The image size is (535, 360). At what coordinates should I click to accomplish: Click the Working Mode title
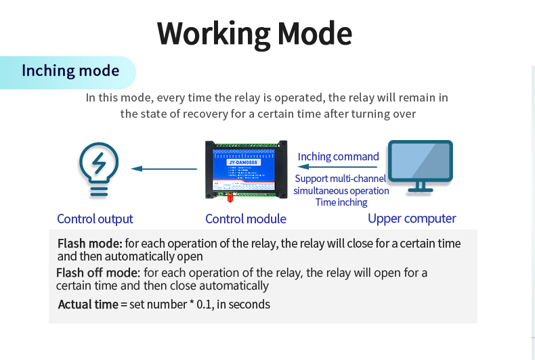coord(255,33)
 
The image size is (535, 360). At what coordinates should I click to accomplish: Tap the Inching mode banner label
coord(70,71)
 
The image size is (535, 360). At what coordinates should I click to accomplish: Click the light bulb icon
coord(99,170)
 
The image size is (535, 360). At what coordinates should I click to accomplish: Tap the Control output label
coord(95,219)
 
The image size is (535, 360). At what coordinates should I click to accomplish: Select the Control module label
coord(245,219)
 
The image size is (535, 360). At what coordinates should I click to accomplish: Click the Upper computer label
coord(412,218)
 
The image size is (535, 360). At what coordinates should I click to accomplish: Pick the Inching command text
coord(338,156)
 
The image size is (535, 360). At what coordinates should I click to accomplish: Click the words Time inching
coord(341,202)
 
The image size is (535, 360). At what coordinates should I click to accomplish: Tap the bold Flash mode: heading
coord(89,244)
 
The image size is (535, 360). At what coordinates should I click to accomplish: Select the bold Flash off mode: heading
coord(98,273)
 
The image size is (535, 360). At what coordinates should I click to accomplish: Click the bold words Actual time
coord(88,305)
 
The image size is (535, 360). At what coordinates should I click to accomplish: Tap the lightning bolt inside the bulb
coord(99,163)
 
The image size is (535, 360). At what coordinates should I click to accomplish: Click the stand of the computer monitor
coord(420,187)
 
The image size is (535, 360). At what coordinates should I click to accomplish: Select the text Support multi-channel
coord(341,179)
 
